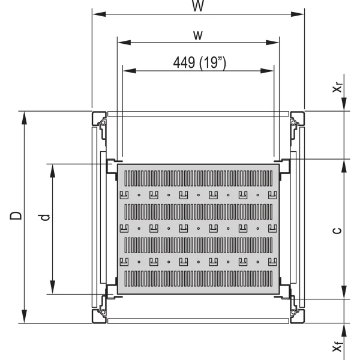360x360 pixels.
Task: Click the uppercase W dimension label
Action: click(x=198, y=5)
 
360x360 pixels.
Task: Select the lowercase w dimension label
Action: click(x=198, y=35)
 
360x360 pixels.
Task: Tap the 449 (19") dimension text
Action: click(x=200, y=62)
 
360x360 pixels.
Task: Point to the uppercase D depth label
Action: click(x=16, y=216)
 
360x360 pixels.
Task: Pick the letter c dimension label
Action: click(x=337, y=230)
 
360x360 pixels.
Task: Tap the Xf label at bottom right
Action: click(x=338, y=346)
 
